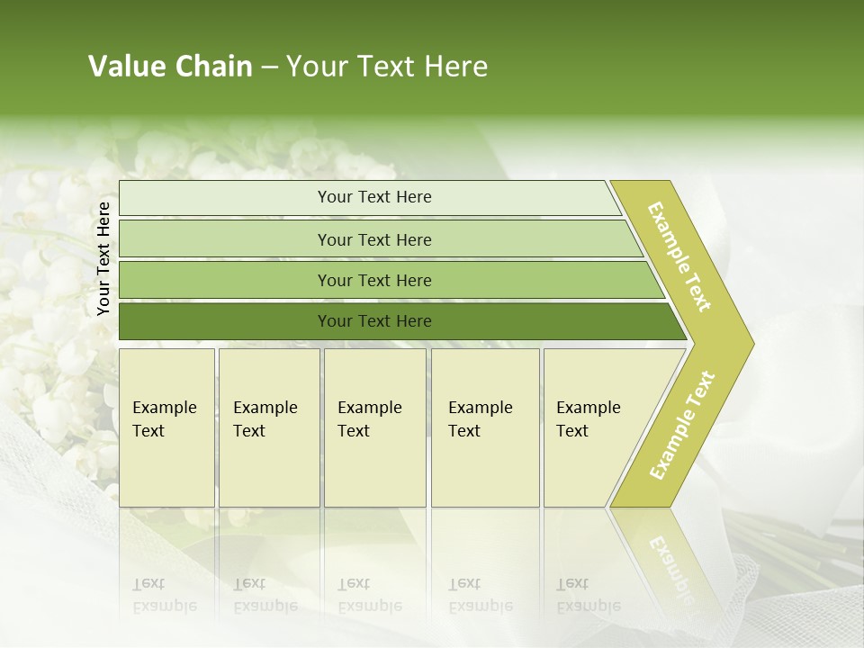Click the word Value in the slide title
click(125, 67)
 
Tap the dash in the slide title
click(269, 67)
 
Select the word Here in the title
click(455, 67)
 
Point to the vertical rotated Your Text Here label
click(103, 258)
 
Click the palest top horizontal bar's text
click(374, 197)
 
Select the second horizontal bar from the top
click(374, 239)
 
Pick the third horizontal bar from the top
click(374, 280)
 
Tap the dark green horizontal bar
click(374, 321)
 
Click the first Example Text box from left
click(166, 427)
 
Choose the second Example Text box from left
click(269, 427)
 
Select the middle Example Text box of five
click(374, 427)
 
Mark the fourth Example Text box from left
click(485, 427)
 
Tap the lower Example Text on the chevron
click(682, 425)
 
